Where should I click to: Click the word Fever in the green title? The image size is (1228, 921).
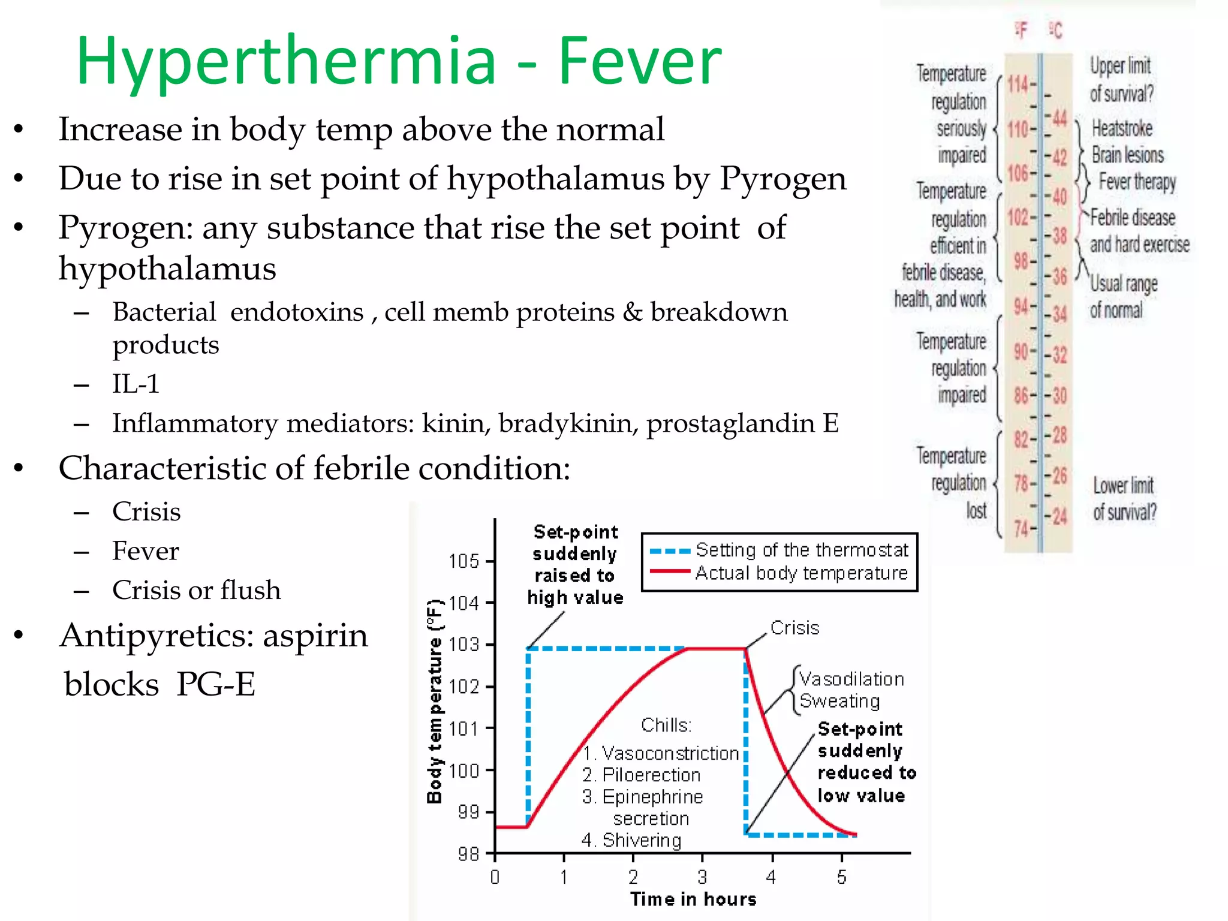coord(640,61)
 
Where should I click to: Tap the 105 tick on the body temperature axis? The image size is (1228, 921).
coord(465,561)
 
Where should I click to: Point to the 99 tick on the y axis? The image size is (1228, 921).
coord(468,812)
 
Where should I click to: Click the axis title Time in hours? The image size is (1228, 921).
coord(693,899)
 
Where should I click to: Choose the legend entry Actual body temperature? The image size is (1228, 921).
coord(801,573)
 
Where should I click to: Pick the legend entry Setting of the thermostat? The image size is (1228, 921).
coord(802,550)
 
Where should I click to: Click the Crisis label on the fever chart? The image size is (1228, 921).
coord(794,628)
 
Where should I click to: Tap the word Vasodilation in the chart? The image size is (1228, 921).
coord(851,679)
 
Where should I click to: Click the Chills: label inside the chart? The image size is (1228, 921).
coord(666,725)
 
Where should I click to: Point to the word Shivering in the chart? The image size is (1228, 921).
coord(642,840)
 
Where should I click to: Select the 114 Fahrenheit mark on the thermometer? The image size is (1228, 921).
coord(1018,84)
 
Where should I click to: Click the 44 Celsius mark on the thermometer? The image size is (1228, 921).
coord(1060,118)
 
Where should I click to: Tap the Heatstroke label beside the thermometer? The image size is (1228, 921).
coord(1122,128)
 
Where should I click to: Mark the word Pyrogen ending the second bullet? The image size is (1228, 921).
coord(782,179)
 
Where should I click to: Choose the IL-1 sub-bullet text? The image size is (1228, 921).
coord(136,384)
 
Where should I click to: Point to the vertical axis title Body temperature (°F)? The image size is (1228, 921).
coord(435,702)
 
